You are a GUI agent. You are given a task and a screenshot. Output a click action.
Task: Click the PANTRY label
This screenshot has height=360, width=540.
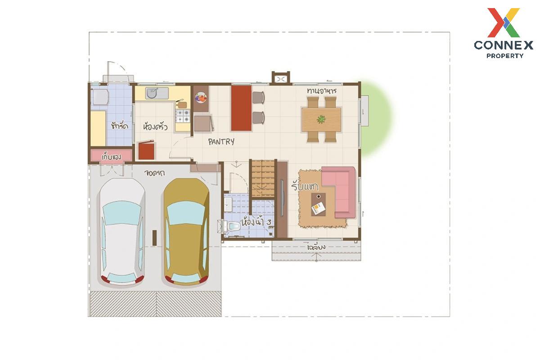[x=221, y=141]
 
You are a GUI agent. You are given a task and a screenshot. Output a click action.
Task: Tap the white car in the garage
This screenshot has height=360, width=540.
[x=122, y=232]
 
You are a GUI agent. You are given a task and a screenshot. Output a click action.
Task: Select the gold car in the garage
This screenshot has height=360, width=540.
[x=186, y=232]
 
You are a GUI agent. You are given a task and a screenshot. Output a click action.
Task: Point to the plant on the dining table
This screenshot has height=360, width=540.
[x=321, y=119]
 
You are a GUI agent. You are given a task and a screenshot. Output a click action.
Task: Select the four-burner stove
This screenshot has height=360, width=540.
[x=182, y=116]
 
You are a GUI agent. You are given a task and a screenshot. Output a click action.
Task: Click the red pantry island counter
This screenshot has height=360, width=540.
[x=241, y=108]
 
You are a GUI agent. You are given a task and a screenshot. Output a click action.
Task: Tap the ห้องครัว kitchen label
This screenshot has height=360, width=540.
[x=155, y=127]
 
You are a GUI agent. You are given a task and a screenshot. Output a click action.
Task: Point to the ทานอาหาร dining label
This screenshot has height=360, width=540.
[x=322, y=91]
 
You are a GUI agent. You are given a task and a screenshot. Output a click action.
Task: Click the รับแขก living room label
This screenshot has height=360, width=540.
[x=305, y=186]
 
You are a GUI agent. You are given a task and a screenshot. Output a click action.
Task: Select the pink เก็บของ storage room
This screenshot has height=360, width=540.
[x=111, y=156]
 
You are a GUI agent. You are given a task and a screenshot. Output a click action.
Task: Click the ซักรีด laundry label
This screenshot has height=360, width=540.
[x=119, y=126]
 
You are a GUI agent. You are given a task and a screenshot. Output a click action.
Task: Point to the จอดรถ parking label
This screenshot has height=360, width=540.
[x=154, y=173]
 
